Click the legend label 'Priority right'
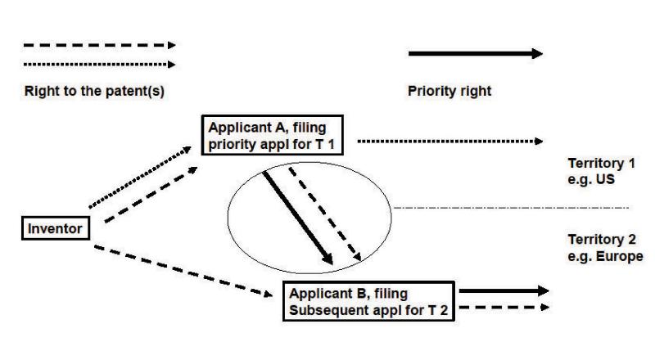(449, 92)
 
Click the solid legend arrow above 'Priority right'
(475, 54)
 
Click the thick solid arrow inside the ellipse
(297, 218)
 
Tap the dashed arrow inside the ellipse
(325, 216)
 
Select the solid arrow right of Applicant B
(502, 290)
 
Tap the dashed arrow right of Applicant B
(502, 308)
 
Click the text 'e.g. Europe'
(604, 256)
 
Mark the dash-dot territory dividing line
(512, 208)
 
